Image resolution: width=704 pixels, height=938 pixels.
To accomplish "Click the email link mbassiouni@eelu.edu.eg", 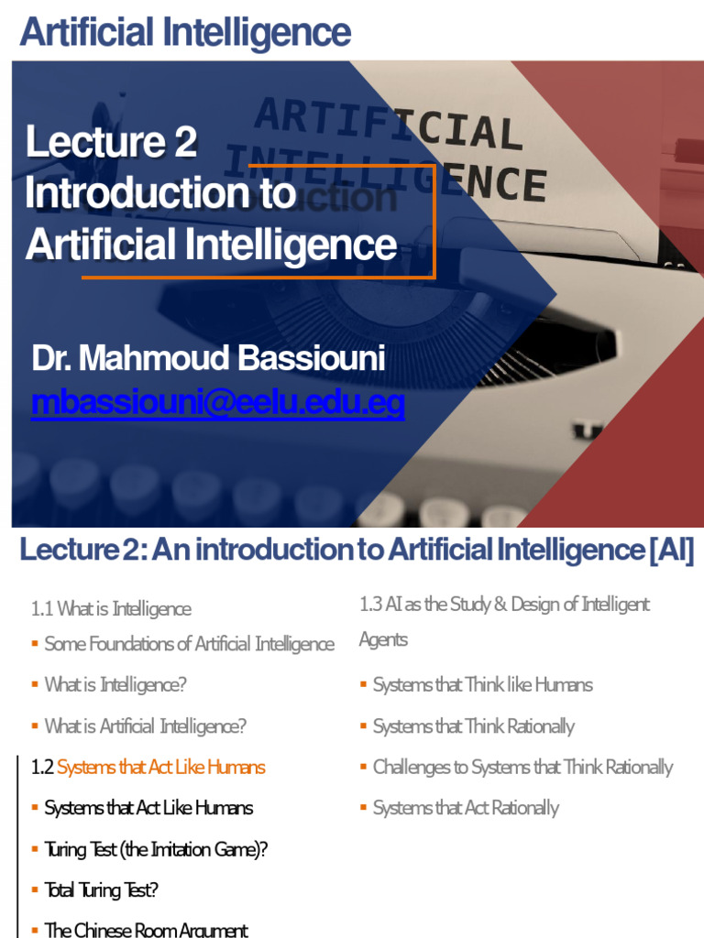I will coord(217,403).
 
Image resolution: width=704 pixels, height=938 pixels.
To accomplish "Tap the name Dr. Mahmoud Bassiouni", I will coord(208,360).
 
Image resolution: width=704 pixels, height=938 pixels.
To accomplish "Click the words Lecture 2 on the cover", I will coord(111,142).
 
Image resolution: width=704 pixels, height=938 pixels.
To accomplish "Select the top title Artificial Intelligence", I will coord(185,33).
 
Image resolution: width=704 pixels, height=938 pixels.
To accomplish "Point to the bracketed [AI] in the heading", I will coord(671,551).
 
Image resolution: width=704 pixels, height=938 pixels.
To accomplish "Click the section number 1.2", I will coord(42,768).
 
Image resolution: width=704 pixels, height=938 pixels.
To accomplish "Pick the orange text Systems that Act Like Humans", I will coord(161,768).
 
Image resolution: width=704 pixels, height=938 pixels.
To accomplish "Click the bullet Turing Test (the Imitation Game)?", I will coord(156,849).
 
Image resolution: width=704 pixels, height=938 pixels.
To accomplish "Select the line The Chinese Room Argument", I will coord(146,930).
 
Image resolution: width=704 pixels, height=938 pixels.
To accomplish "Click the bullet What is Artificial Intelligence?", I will coord(145,726).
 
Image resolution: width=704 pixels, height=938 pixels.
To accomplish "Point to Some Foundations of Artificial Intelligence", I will coord(189,644).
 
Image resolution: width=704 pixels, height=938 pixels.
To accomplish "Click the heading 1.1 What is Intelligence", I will coord(110,609).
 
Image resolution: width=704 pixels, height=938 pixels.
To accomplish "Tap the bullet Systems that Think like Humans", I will coord(482,685).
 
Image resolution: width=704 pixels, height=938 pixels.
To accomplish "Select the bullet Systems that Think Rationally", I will coord(473,726).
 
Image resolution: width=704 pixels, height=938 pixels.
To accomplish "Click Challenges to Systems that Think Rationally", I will coord(522,768).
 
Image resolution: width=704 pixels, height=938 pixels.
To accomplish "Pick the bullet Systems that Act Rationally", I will coord(466,808).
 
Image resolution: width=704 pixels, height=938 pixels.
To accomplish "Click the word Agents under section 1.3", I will coord(383,639).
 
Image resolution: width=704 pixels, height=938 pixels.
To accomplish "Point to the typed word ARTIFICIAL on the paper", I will coord(389,125).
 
